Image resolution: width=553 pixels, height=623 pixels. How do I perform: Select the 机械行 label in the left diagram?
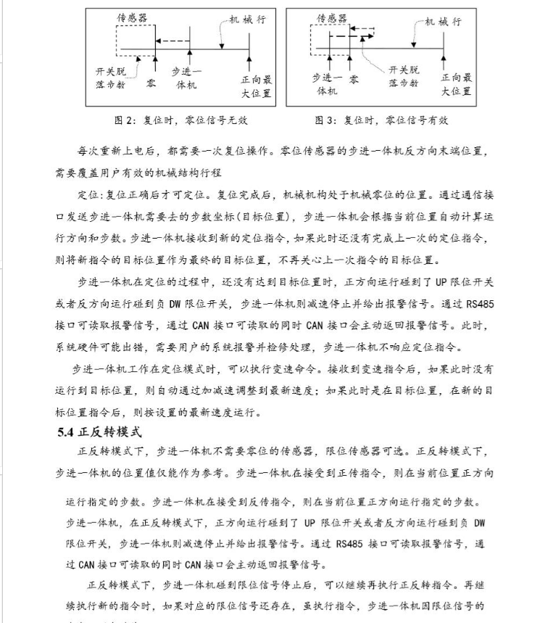[247, 21]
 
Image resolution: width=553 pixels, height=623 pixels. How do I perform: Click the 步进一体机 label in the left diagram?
[187, 79]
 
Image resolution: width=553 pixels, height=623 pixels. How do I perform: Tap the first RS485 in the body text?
[478, 305]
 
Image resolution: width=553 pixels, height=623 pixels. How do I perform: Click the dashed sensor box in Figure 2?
[135, 40]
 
